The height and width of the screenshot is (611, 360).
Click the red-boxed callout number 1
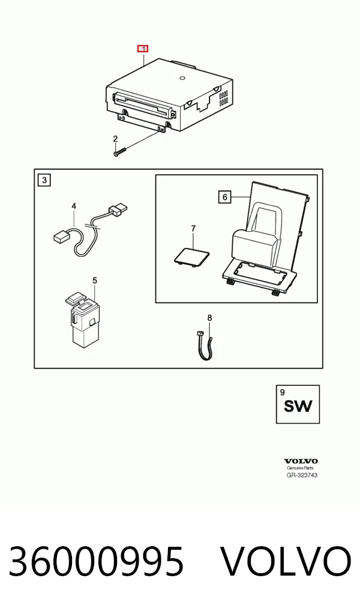[143, 49]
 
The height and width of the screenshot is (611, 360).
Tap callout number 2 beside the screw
[115, 139]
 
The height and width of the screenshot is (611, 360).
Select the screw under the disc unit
[121, 152]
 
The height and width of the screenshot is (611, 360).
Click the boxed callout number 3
[44, 180]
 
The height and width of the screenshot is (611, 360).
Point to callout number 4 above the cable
[74, 206]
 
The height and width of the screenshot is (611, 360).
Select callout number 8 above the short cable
[209, 318]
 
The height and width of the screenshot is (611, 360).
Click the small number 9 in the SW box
[283, 393]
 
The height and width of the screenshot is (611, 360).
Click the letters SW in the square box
[298, 406]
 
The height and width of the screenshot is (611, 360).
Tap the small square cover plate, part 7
[191, 255]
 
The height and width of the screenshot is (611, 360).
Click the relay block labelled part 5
[81, 319]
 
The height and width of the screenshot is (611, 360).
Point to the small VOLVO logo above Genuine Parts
[301, 462]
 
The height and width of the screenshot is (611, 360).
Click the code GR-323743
[302, 475]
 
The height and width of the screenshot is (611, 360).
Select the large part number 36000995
[96, 562]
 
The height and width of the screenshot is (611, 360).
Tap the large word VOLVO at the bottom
[286, 562]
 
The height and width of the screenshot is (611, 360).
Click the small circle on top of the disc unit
[182, 78]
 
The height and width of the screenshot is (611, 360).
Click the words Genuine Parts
[300, 468]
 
